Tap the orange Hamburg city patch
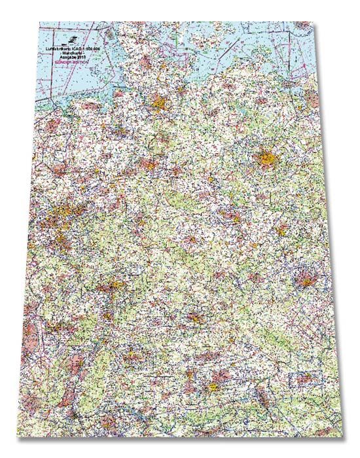(159, 103)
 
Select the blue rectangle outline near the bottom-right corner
(304, 380)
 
